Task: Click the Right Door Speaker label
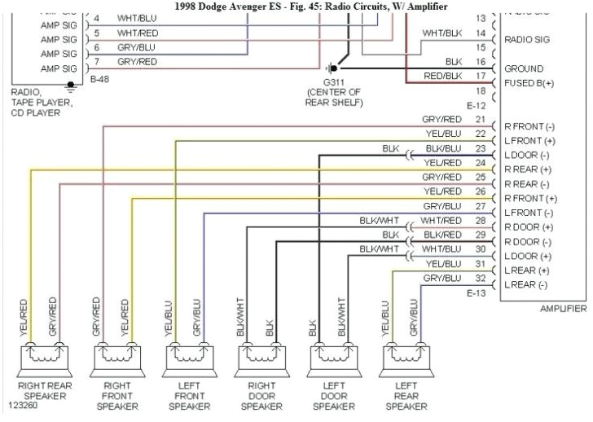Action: pos(260,394)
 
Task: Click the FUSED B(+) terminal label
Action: pos(529,83)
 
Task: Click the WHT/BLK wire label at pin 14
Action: pos(441,33)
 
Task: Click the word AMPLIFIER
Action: pos(563,309)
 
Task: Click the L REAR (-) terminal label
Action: pos(526,284)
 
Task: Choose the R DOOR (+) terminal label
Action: pos(529,227)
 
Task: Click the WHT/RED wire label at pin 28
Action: pos(441,221)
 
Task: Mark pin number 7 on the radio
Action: pos(96,62)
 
